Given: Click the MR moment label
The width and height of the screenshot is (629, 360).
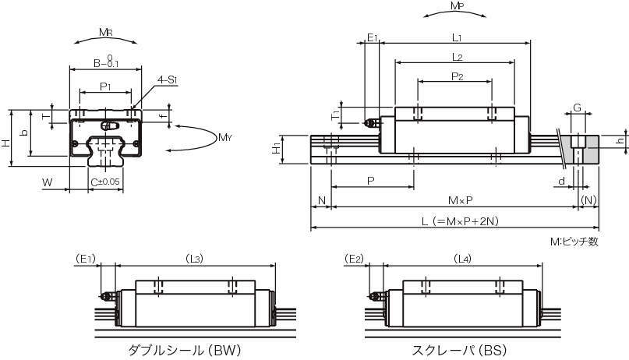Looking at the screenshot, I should pyautogui.click(x=104, y=33).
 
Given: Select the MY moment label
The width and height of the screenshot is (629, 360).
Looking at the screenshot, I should pyautogui.click(x=224, y=138).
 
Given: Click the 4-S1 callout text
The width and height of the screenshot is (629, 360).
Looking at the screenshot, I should pyautogui.click(x=168, y=79).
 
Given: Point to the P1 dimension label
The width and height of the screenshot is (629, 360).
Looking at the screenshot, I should pyautogui.click(x=105, y=86).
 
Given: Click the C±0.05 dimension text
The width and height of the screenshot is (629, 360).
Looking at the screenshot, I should pyautogui.click(x=105, y=182).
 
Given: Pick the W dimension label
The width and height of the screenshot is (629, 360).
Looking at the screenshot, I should pyautogui.click(x=48, y=182).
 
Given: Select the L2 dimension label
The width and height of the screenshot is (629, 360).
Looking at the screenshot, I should pyautogui.click(x=457, y=57).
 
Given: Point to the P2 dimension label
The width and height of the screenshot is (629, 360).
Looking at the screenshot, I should pyautogui.click(x=458, y=76).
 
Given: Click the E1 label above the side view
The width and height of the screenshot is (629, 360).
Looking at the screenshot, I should pyautogui.click(x=372, y=37).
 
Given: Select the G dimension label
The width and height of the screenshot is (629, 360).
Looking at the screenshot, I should pyautogui.click(x=577, y=108).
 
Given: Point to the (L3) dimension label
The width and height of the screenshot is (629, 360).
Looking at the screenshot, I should pyautogui.click(x=196, y=259).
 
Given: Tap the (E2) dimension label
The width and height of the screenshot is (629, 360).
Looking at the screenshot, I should pyautogui.click(x=354, y=259).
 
